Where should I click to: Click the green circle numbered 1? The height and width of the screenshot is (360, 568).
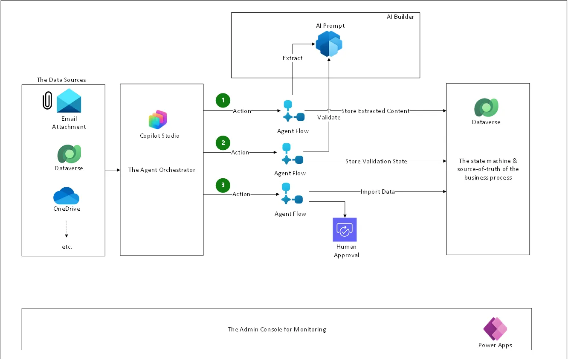coord(223,100)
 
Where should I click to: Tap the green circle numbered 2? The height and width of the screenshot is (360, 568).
coord(223,142)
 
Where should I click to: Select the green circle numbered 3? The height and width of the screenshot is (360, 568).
coord(223,185)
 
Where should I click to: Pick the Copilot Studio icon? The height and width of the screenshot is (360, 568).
coord(158,120)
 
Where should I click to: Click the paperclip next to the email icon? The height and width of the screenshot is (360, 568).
coord(47,101)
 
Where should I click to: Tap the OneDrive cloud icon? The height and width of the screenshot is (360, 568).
coord(67,196)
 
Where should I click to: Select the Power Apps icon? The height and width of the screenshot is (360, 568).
coord(495,329)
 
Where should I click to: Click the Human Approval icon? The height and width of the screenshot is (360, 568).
coord(345,229)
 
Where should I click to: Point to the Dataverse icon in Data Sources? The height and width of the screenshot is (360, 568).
coord(69,154)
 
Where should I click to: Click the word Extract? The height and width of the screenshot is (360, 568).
coord(293,58)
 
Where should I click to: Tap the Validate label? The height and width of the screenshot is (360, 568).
coord(329,117)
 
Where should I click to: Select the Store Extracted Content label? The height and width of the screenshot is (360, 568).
coord(375,111)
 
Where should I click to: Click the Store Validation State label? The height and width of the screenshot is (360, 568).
coord(376,161)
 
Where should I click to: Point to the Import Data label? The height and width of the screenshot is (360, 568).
coord(377,192)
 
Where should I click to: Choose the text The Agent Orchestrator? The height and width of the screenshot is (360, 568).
coord(162,170)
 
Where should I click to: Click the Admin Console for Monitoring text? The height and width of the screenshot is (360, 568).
coord(276,329)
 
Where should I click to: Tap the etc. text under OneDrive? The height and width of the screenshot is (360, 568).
coord(67,247)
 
